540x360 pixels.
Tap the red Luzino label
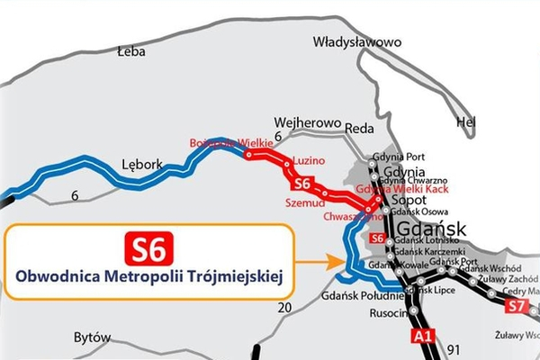(308, 157)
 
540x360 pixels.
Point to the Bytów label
(94, 337)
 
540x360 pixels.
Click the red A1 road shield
(420, 337)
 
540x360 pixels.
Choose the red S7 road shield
(516, 307)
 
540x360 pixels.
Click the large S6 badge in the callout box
(148, 245)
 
